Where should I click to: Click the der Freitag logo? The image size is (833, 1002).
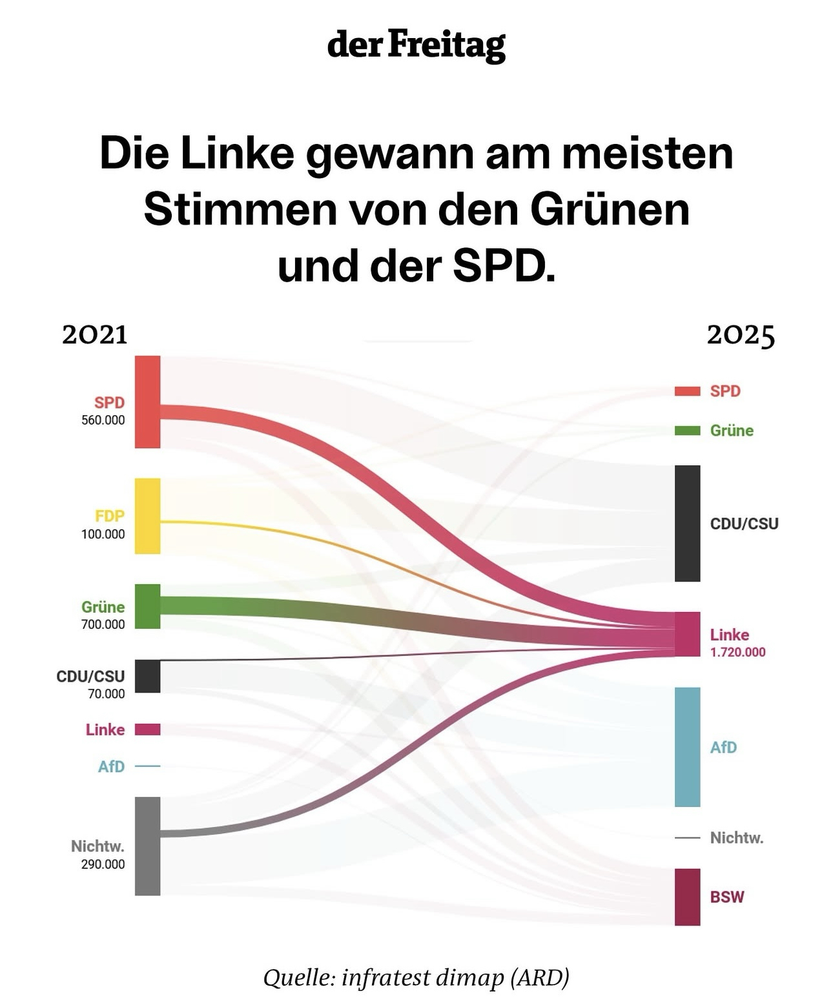(416, 45)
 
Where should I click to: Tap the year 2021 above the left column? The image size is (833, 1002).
(95, 335)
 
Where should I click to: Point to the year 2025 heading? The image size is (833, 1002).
(741, 335)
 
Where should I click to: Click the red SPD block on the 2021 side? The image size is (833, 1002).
(147, 402)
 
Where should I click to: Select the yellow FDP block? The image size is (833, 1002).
(147, 516)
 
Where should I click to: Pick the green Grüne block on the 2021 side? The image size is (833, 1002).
(147, 606)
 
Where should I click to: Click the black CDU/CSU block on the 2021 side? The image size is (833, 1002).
(147, 676)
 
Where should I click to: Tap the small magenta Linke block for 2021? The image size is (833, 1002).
(147, 730)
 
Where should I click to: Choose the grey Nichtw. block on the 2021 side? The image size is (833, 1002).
(147, 846)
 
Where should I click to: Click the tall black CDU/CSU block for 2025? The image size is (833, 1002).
(687, 523)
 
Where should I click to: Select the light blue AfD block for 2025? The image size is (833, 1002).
(687, 746)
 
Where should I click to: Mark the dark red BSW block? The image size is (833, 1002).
(687, 897)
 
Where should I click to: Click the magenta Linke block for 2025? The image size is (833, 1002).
(687, 634)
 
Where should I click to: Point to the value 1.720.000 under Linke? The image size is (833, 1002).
(737, 653)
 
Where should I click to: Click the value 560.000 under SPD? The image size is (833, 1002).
(103, 420)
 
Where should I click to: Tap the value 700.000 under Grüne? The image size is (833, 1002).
(103, 624)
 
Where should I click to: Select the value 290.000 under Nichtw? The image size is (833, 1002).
(103, 864)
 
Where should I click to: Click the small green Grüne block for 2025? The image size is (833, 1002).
(687, 431)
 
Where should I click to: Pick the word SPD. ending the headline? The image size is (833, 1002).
(504, 267)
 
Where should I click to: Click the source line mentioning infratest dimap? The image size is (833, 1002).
(416, 977)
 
